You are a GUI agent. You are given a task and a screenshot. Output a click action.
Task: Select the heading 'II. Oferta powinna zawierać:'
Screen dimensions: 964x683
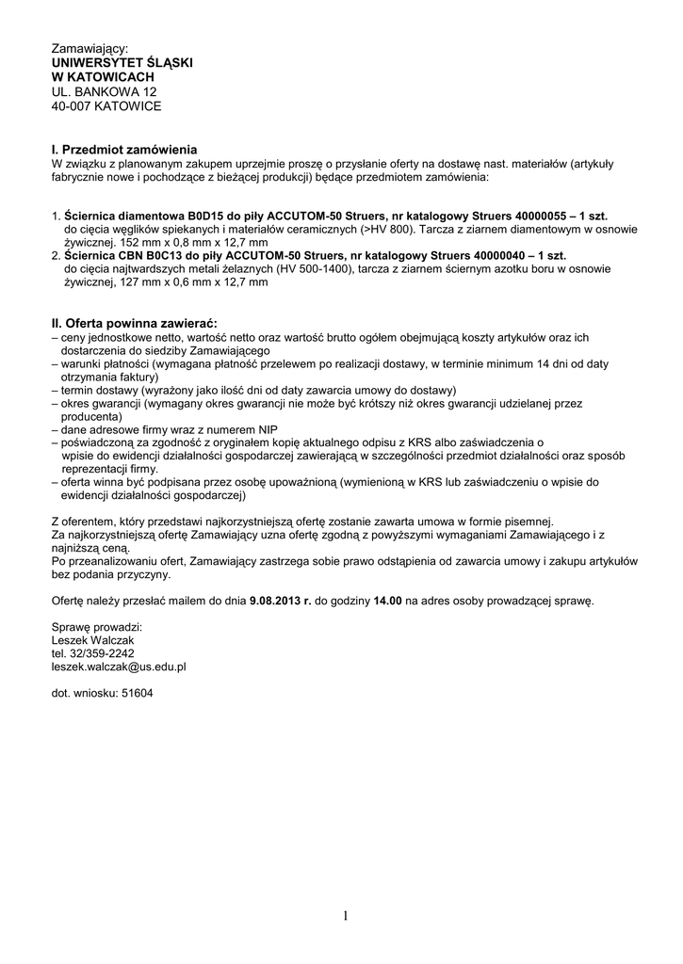(135, 323)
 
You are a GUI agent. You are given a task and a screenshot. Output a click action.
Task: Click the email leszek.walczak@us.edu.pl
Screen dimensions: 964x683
(119, 666)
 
